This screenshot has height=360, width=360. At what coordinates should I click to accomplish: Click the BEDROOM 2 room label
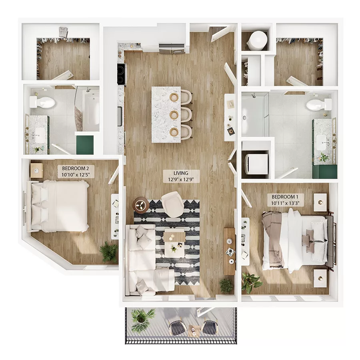point(76,171)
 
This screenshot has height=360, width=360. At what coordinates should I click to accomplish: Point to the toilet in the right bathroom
point(318,105)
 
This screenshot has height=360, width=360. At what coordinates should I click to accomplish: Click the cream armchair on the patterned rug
point(173,204)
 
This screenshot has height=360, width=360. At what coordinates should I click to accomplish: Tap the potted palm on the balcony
point(141,318)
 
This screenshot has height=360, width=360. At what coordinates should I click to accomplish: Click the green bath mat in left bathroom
point(85,144)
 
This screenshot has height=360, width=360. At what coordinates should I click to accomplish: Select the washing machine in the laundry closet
point(256,164)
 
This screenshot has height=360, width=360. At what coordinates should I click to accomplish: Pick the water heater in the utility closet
point(257,40)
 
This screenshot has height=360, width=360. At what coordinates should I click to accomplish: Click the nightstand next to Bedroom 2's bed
point(36,170)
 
